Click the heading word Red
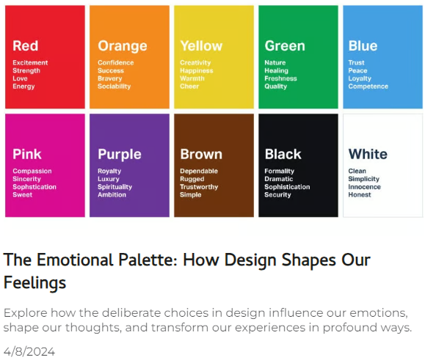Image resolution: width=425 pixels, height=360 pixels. click(x=26, y=45)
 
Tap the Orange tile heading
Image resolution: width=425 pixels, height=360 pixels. click(x=123, y=46)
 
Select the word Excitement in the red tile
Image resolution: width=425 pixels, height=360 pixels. click(x=30, y=62)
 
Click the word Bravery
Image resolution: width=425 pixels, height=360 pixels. click(x=110, y=78)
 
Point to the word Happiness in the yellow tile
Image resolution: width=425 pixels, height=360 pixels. click(x=197, y=70)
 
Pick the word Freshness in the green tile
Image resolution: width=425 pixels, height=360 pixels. click(x=280, y=78)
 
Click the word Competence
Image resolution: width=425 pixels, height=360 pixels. click(x=368, y=87)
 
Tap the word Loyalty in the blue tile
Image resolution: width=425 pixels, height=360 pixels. click(x=360, y=78)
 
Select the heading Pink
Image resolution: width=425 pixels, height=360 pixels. click(x=27, y=154)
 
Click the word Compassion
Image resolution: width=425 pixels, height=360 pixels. click(x=32, y=171)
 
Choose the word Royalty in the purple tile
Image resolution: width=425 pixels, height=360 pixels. click(x=109, y=171)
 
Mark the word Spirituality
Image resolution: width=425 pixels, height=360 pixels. click(x=115, y=187)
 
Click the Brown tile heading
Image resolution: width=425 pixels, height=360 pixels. click(x=201, y=154)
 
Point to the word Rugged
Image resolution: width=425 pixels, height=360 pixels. click(x=192, y=179)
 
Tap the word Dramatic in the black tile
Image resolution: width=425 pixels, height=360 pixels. click(x=278, y=179)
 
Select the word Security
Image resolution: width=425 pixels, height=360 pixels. click(x=277, y=195)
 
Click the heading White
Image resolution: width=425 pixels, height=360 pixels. click(x=368, y=154)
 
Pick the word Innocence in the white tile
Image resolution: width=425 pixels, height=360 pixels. click(x=364, y=187)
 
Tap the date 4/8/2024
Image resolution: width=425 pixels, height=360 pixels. click(x=29, y=352)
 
